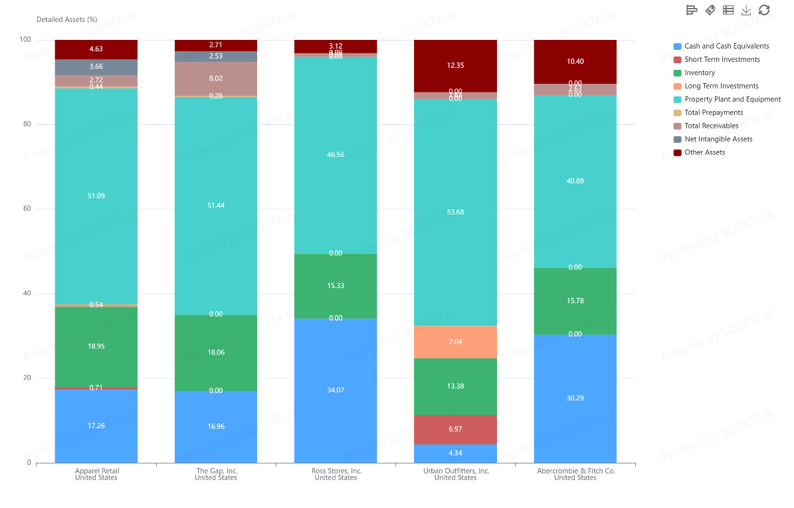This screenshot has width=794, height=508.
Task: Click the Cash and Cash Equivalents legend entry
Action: point(726,47)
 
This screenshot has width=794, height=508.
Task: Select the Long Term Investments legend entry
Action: point(721,86)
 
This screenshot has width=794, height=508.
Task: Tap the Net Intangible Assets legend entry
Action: point(718,140)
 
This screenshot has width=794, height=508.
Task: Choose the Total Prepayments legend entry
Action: point(714,113)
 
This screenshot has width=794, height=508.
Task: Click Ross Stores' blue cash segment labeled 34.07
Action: point(336,390)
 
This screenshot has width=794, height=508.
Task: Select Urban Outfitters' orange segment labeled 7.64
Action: point(455,342)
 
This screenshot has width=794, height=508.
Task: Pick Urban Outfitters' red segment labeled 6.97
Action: point(455,430)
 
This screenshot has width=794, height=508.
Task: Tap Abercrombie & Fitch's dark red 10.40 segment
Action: point(575,61)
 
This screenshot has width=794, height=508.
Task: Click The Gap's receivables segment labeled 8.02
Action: point(216,79)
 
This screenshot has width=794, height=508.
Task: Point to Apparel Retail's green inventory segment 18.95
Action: point(96,346)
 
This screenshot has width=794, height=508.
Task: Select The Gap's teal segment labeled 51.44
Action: point(216,205)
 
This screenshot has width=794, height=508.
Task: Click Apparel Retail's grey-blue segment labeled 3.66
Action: point(96,66)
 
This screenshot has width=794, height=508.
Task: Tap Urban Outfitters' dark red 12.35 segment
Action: point(455,65)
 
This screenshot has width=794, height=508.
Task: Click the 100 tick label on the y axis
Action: point(25,40)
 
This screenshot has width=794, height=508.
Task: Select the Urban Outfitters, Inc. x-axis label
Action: point(456,474)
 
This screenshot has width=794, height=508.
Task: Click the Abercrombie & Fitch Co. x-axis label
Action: point(575,474)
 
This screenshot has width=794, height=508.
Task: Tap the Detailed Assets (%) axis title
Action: point(66,19)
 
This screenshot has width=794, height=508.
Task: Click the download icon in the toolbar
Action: point(746,10)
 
